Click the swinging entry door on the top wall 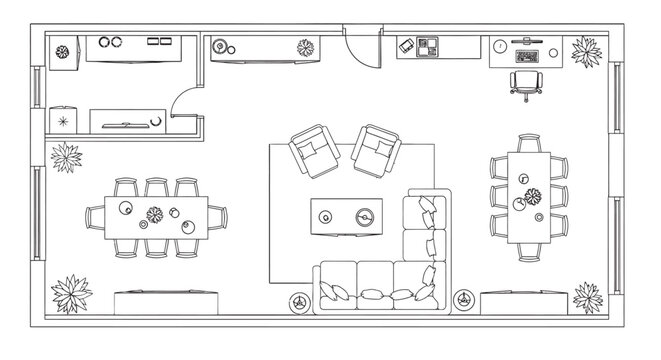pyautogui.click(x=361, y=48)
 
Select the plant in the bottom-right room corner pyautogui.click(x=587, y=295)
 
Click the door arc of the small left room pyautogui.click(x=185, y=100)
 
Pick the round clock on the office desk pyautogui.click(x=498, y=45)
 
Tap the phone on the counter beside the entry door pyautogui.click(x=407, y=45)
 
